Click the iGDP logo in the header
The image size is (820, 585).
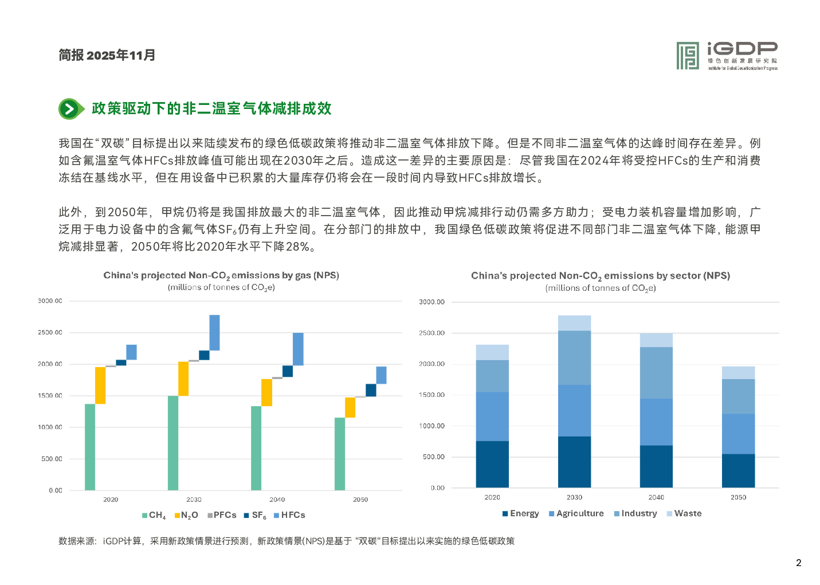point(727,56)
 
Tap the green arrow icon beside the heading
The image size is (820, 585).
point(69,109)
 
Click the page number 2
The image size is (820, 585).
point(798,563)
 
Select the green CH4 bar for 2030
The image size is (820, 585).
point(173,443)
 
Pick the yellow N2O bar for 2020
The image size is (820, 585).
point(100,385)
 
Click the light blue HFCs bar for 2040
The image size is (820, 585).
point(298,349)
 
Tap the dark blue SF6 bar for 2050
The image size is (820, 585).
point(371,390)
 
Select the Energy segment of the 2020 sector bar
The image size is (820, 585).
point(492,464)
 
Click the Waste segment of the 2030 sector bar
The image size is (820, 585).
point(574,323)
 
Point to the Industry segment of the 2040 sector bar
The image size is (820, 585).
point(656,373)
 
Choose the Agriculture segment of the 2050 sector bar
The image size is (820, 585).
point(738,434)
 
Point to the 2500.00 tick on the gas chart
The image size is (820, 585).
point(50,333)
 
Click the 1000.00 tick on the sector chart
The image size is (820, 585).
point(431,426)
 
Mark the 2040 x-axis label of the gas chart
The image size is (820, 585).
point(277,500)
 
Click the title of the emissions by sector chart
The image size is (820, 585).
point(601,276)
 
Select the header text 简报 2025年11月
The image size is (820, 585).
point(107,55)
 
